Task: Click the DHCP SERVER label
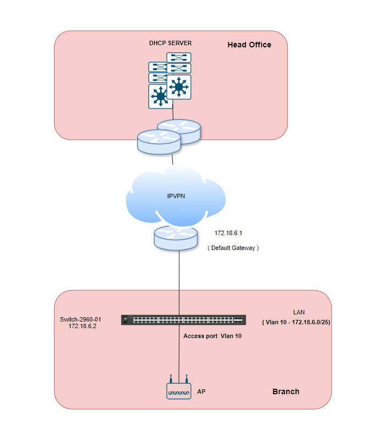(x=170, y=43)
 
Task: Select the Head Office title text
(x=249, y=45)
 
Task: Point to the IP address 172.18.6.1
(x=228, y=233)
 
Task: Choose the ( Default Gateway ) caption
(x=233, y=248)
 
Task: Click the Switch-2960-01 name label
(x=81, y=319)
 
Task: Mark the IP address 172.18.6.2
(x=83, y=326)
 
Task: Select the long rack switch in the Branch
(x=184, y=320)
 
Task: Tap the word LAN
(x=299, y=312)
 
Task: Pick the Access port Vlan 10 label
(x=212, y=335)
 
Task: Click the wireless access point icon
(x=179, y=391)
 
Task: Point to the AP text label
(x=201, y=392)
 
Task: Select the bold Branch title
(x=286, y=391)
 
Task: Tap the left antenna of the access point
(x=171, y=379)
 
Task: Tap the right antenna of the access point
(x=187, y=379)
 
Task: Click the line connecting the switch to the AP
(x=179, y=352)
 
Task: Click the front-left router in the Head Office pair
(x=159, y=141)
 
